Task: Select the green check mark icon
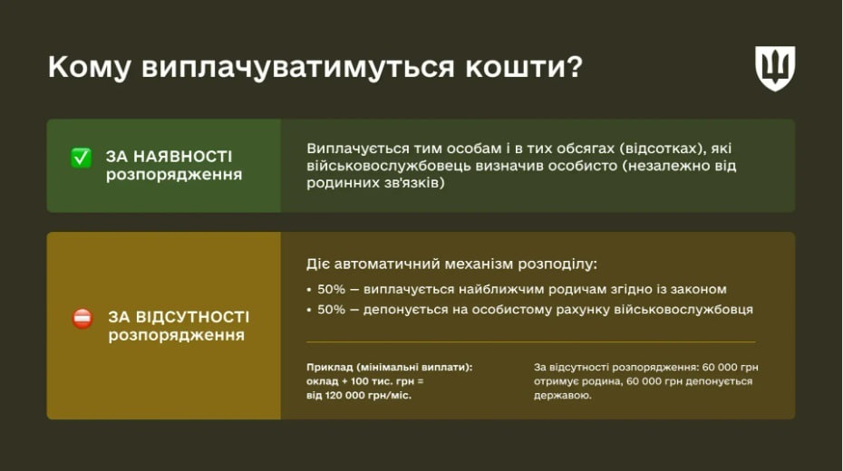[x=82, y=158]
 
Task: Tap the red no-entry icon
[x=82, y=319]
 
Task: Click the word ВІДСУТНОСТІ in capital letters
[x=191, y=317]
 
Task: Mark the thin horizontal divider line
[x=530, y=342]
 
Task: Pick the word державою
[x=563, y=396]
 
